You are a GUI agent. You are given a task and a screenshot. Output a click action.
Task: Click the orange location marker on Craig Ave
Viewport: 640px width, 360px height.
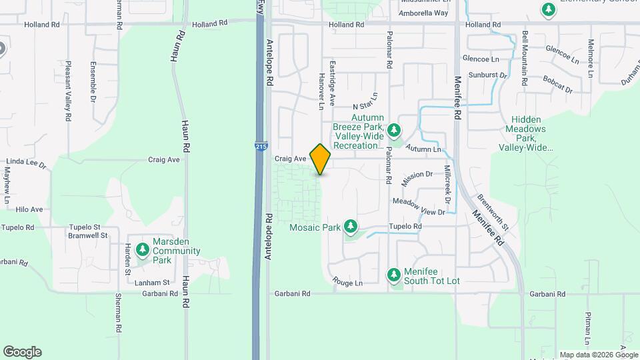point(321,159)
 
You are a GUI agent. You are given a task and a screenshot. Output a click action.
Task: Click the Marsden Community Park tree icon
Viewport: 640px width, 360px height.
point(142,250)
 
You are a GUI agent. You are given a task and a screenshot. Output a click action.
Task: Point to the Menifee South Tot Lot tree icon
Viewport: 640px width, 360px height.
point(394,274)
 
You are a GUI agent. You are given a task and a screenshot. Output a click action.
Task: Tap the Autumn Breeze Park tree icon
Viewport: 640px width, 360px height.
point(394,129)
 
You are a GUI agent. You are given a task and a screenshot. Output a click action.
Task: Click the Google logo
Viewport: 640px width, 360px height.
point(22,352)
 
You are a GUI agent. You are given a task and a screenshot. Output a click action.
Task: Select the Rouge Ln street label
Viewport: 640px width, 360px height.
point(348,283)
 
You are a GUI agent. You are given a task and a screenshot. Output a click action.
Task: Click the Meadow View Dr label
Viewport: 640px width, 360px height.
point(419,207)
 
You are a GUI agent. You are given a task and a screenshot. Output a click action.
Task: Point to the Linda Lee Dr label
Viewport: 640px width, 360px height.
point(25,163)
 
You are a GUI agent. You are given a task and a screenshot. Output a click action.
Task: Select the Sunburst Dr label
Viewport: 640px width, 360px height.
point(488,75)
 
